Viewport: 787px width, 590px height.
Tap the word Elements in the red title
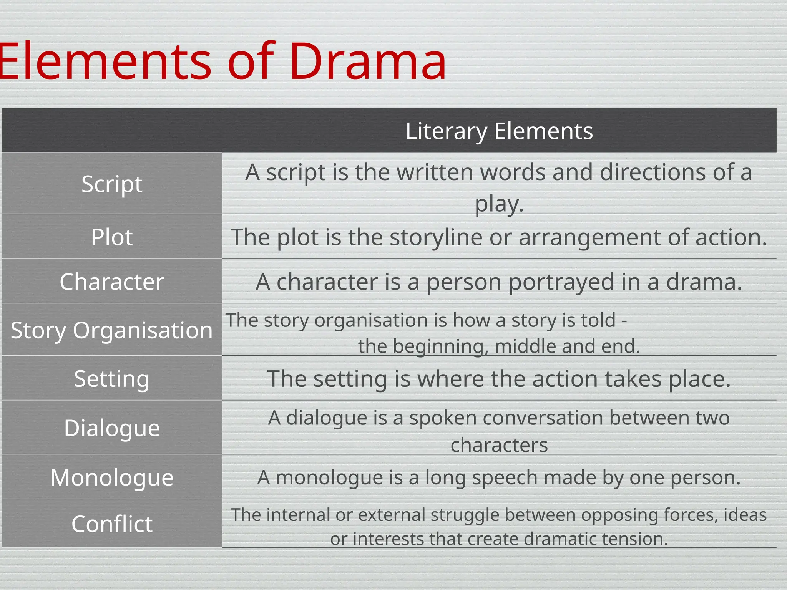click(104, 61)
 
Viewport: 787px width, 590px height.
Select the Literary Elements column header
click(499, 131)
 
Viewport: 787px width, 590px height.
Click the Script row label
click(112, 184)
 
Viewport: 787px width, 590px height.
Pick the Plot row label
click(112, 237)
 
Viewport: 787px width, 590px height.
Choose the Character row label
click(112, 282)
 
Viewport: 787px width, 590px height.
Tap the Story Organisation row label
click(112, 330)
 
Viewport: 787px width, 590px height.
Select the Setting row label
click(112, 379)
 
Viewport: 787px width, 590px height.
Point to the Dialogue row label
click(112, 428)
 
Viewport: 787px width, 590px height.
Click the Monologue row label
click(112, 477)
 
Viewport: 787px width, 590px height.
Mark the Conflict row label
click(112, 524)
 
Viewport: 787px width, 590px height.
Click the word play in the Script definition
click(496, 204)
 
